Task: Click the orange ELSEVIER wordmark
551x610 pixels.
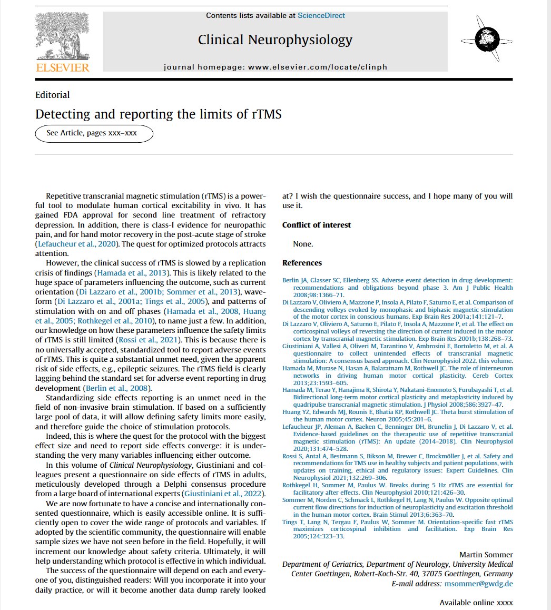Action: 62,67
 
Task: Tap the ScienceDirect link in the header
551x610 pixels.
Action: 321,15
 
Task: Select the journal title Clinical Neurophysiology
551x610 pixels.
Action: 275,40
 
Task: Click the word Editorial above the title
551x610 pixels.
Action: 52,95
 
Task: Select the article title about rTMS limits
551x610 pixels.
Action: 158,114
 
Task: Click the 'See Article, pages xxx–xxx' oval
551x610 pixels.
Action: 94,133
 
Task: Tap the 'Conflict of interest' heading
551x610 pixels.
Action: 317,225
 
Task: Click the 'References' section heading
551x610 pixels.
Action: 302,263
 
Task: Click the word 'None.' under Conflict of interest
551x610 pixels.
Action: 303,244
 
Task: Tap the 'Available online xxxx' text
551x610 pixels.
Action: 476,602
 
